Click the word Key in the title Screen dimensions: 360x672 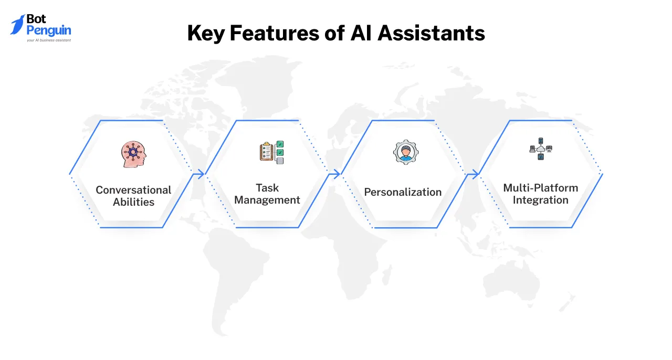tap(206, 34)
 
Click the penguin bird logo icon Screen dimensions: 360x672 tap(17, 25)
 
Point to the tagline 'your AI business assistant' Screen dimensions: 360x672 tap(49, 40)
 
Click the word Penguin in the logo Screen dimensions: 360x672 tap(49, 30)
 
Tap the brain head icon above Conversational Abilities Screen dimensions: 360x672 tap(133, 154)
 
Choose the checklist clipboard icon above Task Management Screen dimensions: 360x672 tap(271, 152)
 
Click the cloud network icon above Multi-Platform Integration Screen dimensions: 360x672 tap(540, 149)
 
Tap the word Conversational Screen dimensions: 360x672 tap(133, 190)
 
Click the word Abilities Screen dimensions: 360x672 tap(133, 202)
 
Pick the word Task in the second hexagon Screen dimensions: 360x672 tap(267, 187)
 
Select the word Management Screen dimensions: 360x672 tap(267, 200)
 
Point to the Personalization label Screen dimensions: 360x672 tap(403, 192)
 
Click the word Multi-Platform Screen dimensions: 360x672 tap(540, 187)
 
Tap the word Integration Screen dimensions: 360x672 tap(540, 200)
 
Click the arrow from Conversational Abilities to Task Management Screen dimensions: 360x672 tap(199, 174)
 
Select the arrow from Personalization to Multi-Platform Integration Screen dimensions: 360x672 tap(472, 174)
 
